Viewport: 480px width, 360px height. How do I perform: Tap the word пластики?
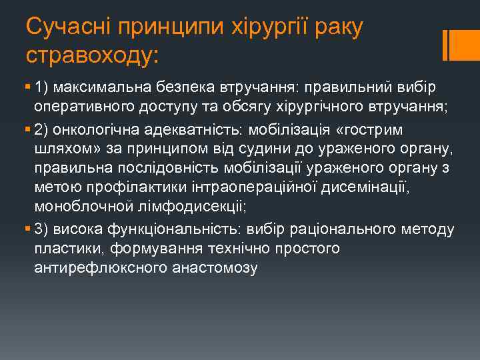[x=60, y=248]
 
